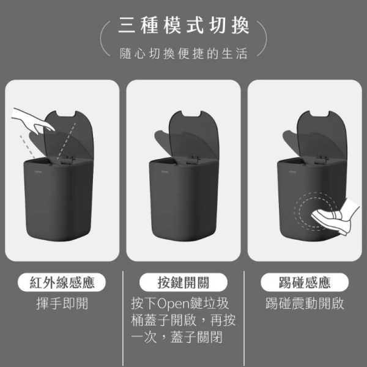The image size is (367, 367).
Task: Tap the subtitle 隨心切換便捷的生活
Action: [x=183, y=54]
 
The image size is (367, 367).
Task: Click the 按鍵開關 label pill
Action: [x=183, y=283]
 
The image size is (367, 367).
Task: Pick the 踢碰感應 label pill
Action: [x=305, y=283]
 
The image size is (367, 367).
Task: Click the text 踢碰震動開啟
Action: [x=305, y=304]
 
